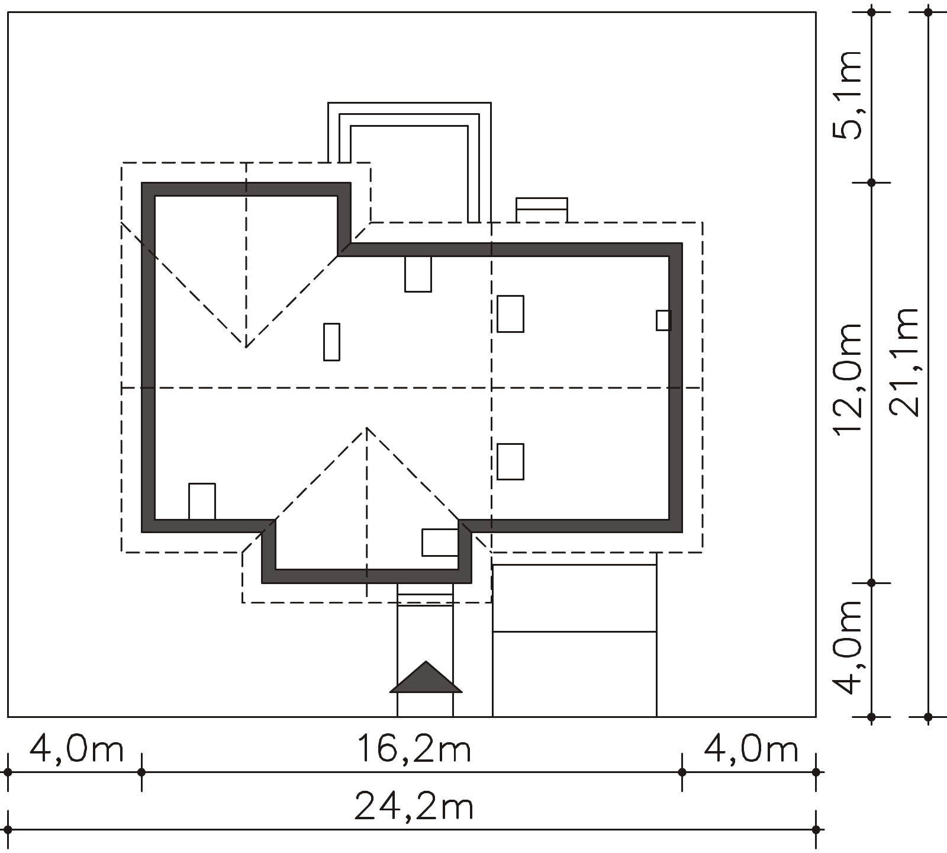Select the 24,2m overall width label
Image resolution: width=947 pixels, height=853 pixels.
click(x=414, y=806)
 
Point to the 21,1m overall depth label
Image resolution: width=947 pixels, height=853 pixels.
click(x=905, y=362)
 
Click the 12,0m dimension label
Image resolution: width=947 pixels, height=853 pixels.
click(x=848, y=380)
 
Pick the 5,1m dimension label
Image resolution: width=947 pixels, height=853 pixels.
click(x=848, y=95)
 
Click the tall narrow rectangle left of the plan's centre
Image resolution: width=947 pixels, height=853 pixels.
click(x=331, y=342)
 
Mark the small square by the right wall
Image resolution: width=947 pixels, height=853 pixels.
click(x=663, y=320)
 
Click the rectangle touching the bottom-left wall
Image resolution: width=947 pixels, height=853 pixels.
click(x=202, y=502)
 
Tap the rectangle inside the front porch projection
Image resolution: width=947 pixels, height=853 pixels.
click(x=440, y=543)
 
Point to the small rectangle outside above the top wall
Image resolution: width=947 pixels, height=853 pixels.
click(x=542, y=210)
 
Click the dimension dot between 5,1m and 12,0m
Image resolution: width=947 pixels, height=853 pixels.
click(x=871, y=182)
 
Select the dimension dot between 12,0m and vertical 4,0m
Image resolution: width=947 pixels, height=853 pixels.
click(x=871, y=583)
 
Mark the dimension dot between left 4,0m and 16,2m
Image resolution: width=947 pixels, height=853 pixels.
click(x=141, y=772)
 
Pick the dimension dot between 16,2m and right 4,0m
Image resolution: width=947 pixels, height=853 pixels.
click(x=682, y=772)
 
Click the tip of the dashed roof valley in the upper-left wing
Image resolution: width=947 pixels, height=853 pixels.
click(x=246, y=347)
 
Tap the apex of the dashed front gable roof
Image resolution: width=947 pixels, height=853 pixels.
click(x=367, y=427)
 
